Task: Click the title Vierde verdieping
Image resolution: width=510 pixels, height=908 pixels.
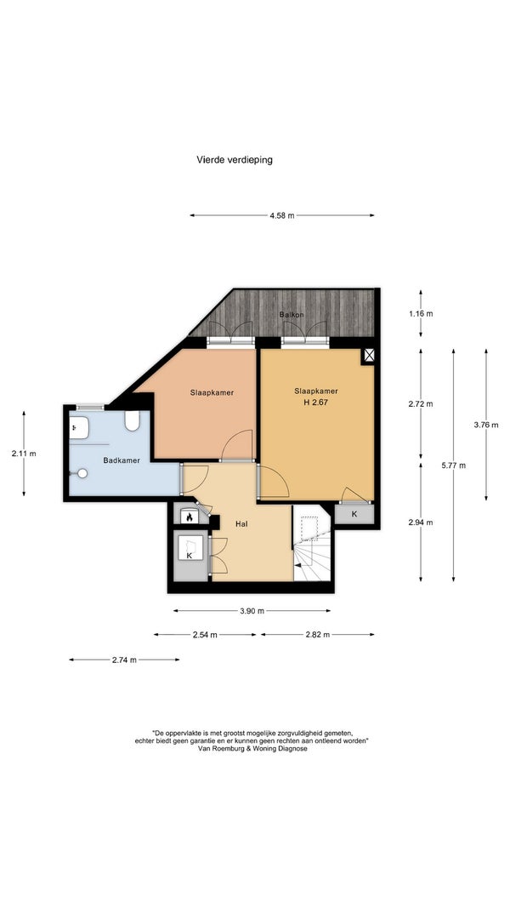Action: (235, 160)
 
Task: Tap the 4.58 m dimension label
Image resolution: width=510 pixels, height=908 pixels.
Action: (281, 215)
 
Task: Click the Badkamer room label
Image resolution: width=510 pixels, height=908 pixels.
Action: (122, 460)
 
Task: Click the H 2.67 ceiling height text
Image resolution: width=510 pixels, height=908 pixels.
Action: (315, 403)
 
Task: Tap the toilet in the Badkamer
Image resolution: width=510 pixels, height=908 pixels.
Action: (133, 421)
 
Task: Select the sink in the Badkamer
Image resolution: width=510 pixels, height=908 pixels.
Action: (79, 428)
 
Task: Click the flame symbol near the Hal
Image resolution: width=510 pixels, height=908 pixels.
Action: (189, 516)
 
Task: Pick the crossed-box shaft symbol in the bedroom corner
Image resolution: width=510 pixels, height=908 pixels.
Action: (369, 355)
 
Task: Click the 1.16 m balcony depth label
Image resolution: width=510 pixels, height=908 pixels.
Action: (421, 314)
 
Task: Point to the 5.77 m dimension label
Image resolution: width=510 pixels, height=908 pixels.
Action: (453, 465)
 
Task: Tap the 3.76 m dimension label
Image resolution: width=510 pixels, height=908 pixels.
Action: (485, 425)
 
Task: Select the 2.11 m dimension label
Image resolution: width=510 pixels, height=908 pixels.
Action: (24, 454)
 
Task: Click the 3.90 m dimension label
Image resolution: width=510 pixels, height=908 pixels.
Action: (252, 610)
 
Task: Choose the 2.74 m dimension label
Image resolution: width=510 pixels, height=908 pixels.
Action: (124, 660)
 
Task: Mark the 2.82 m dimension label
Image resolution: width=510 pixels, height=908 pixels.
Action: (317, 635)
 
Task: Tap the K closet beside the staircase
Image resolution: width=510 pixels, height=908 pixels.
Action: (354, 514)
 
